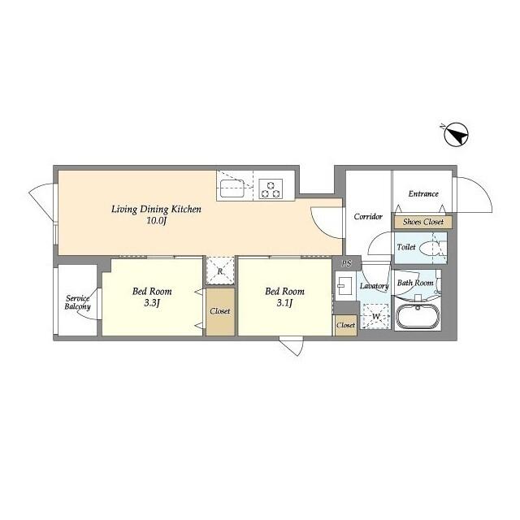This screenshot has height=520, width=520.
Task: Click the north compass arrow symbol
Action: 457,135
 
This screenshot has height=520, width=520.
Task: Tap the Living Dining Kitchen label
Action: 156,209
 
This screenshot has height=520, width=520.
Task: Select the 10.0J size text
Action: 156,221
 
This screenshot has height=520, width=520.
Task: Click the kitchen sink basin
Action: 231,191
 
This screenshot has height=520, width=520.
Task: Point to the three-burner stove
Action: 270,189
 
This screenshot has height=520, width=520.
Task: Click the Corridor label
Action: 367,216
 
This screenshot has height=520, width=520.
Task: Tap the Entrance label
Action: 423,193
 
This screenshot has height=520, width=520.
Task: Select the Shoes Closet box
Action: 422,222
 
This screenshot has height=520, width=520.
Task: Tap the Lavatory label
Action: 374,286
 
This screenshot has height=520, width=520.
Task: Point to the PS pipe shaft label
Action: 346,263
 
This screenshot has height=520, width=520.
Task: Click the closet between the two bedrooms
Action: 219,311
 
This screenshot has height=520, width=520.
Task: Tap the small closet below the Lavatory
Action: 345,325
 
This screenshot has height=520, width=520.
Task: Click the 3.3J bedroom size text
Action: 150,304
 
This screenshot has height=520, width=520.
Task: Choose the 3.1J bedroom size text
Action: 284,304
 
